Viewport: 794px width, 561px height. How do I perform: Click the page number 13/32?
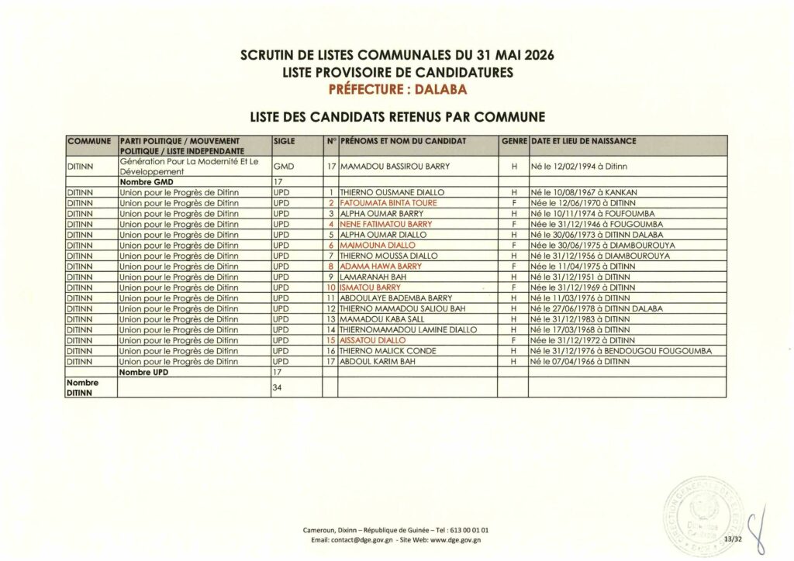pyautogui.click(x=731, y=539)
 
